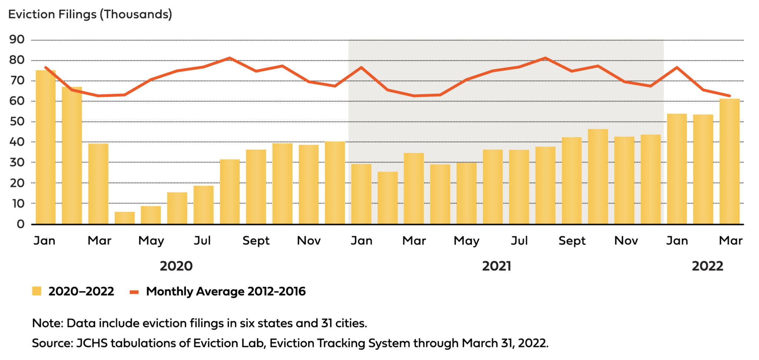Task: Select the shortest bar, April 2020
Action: click(x=125, y=218)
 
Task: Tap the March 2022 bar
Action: click(x=729, y=161)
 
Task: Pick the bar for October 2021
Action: click(x=598, y=176)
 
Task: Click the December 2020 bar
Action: click(x=335, y=182)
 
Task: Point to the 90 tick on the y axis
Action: click(x=17, y=40)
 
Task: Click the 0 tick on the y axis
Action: click(x=20, y=224)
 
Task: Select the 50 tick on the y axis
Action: click(x=17, y=122)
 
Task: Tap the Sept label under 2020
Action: click(x=256, y=241)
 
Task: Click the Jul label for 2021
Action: click(x=519, y=241)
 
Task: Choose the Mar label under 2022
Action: click(x=730, y=241)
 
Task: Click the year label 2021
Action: click(x=496, y=266)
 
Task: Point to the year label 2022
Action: click(x=707, y=266)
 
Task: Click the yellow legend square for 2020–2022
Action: click(x=37, y=291)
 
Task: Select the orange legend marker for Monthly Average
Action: click(x=134, y=292)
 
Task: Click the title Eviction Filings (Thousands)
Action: click(x=90, y=14)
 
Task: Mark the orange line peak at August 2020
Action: click(x=230, y=58)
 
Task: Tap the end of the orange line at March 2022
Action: click(x=729, y=96)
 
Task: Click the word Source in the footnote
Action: click(x=52, y=343)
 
